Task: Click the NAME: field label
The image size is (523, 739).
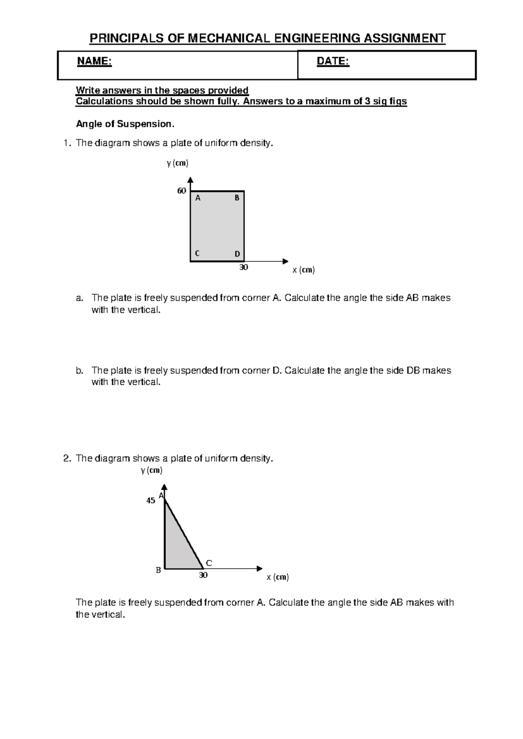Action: click(94, 62)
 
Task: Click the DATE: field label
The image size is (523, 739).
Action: click(333, 62)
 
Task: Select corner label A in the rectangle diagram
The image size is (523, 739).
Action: click(198, 198)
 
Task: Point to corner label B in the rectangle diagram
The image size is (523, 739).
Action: click(237, 198)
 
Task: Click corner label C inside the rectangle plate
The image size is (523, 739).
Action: click(197, 253)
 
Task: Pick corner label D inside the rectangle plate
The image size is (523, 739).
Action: click(237, 254)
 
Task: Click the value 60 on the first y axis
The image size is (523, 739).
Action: click(181, 191)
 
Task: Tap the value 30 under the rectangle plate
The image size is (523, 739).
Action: click(244, 267)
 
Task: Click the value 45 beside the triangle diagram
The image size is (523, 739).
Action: click(150, 501)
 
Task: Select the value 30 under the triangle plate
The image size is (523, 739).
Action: click(203, 575)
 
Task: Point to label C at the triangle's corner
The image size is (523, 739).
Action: click(209, 563)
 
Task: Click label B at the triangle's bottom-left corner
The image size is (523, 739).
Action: click(159, 570)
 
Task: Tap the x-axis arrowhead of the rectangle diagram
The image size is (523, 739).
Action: click(285, 261)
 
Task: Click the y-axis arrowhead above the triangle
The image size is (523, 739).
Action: click(164, 487)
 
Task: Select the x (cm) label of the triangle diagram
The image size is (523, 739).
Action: click(278, 577)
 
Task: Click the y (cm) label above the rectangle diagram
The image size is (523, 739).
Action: click(177, 163)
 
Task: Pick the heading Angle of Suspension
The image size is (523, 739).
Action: click(125, 124)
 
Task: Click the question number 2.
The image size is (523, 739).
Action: click(66, 458)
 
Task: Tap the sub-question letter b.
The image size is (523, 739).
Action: click(79, 370)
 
